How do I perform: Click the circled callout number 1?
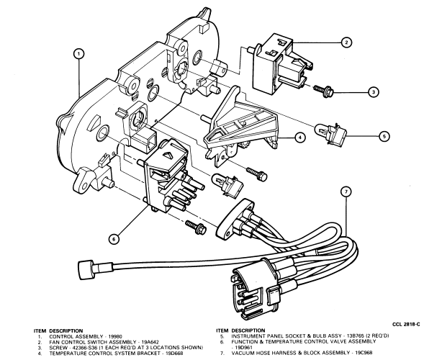pyautogui.click(x=78, y=54)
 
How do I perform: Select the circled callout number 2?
pyautogui.click(x=346, y=42)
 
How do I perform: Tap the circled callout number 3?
pyautogui.click(x=373, y=92)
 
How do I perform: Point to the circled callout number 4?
pyautogui.click(x=299, y=138)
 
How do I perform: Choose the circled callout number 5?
pyautogui.click(x=384, y=136)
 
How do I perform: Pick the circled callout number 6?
pyautogui.click(x=114, y=239)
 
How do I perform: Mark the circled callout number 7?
pyautogui.click(x=346, y=192)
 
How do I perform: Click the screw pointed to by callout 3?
pyautogui.click(x=323, y=91)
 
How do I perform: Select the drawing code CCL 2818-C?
pyautogui.click(x=406, y=324)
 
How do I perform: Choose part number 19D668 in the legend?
pyautogui.click(x=175, y=353)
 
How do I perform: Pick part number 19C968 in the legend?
pyautogui.click(x=363, y=353)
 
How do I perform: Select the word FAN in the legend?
pyautogui.click(x=54, y=342)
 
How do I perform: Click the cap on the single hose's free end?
pyautogui.click(x=85, y=267)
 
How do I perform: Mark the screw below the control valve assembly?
pyautogui.click(x=196, y=228)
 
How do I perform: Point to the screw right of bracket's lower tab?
pyautogui.click(x=257, y=174)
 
